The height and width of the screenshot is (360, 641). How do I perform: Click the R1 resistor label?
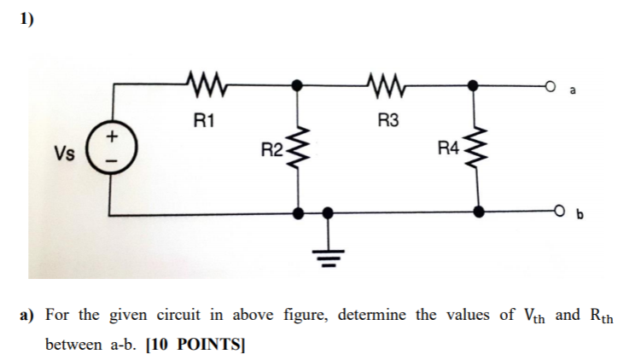pos(203,120)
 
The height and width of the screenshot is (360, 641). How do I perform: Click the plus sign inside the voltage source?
pos(110,138)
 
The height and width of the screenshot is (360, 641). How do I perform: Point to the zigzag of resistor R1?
pos(202,85)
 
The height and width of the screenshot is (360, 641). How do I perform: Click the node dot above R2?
pos(297,85)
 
